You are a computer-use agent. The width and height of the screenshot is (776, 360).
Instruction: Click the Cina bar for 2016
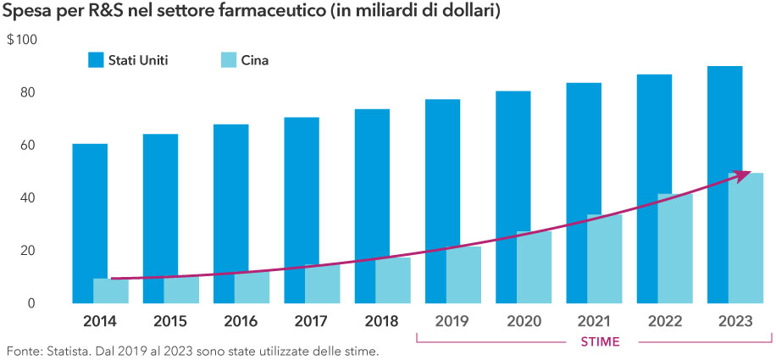click(x=252, y=287)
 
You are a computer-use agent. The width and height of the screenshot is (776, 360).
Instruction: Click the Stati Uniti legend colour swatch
click(x=95, y=60)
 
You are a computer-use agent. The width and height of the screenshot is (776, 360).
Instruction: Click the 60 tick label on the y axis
click(x=30, y=146)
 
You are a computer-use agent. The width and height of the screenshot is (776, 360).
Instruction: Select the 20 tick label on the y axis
click(x=30, y=251)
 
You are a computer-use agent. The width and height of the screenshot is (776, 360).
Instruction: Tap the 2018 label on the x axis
click(x=383, y=321)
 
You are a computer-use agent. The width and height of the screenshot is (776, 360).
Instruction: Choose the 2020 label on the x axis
click(x=524, y=321)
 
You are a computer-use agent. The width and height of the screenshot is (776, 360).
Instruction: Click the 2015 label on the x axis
click(x=171, y=321)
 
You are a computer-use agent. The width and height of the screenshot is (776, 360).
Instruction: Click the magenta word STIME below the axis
click(x=595, y=341)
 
